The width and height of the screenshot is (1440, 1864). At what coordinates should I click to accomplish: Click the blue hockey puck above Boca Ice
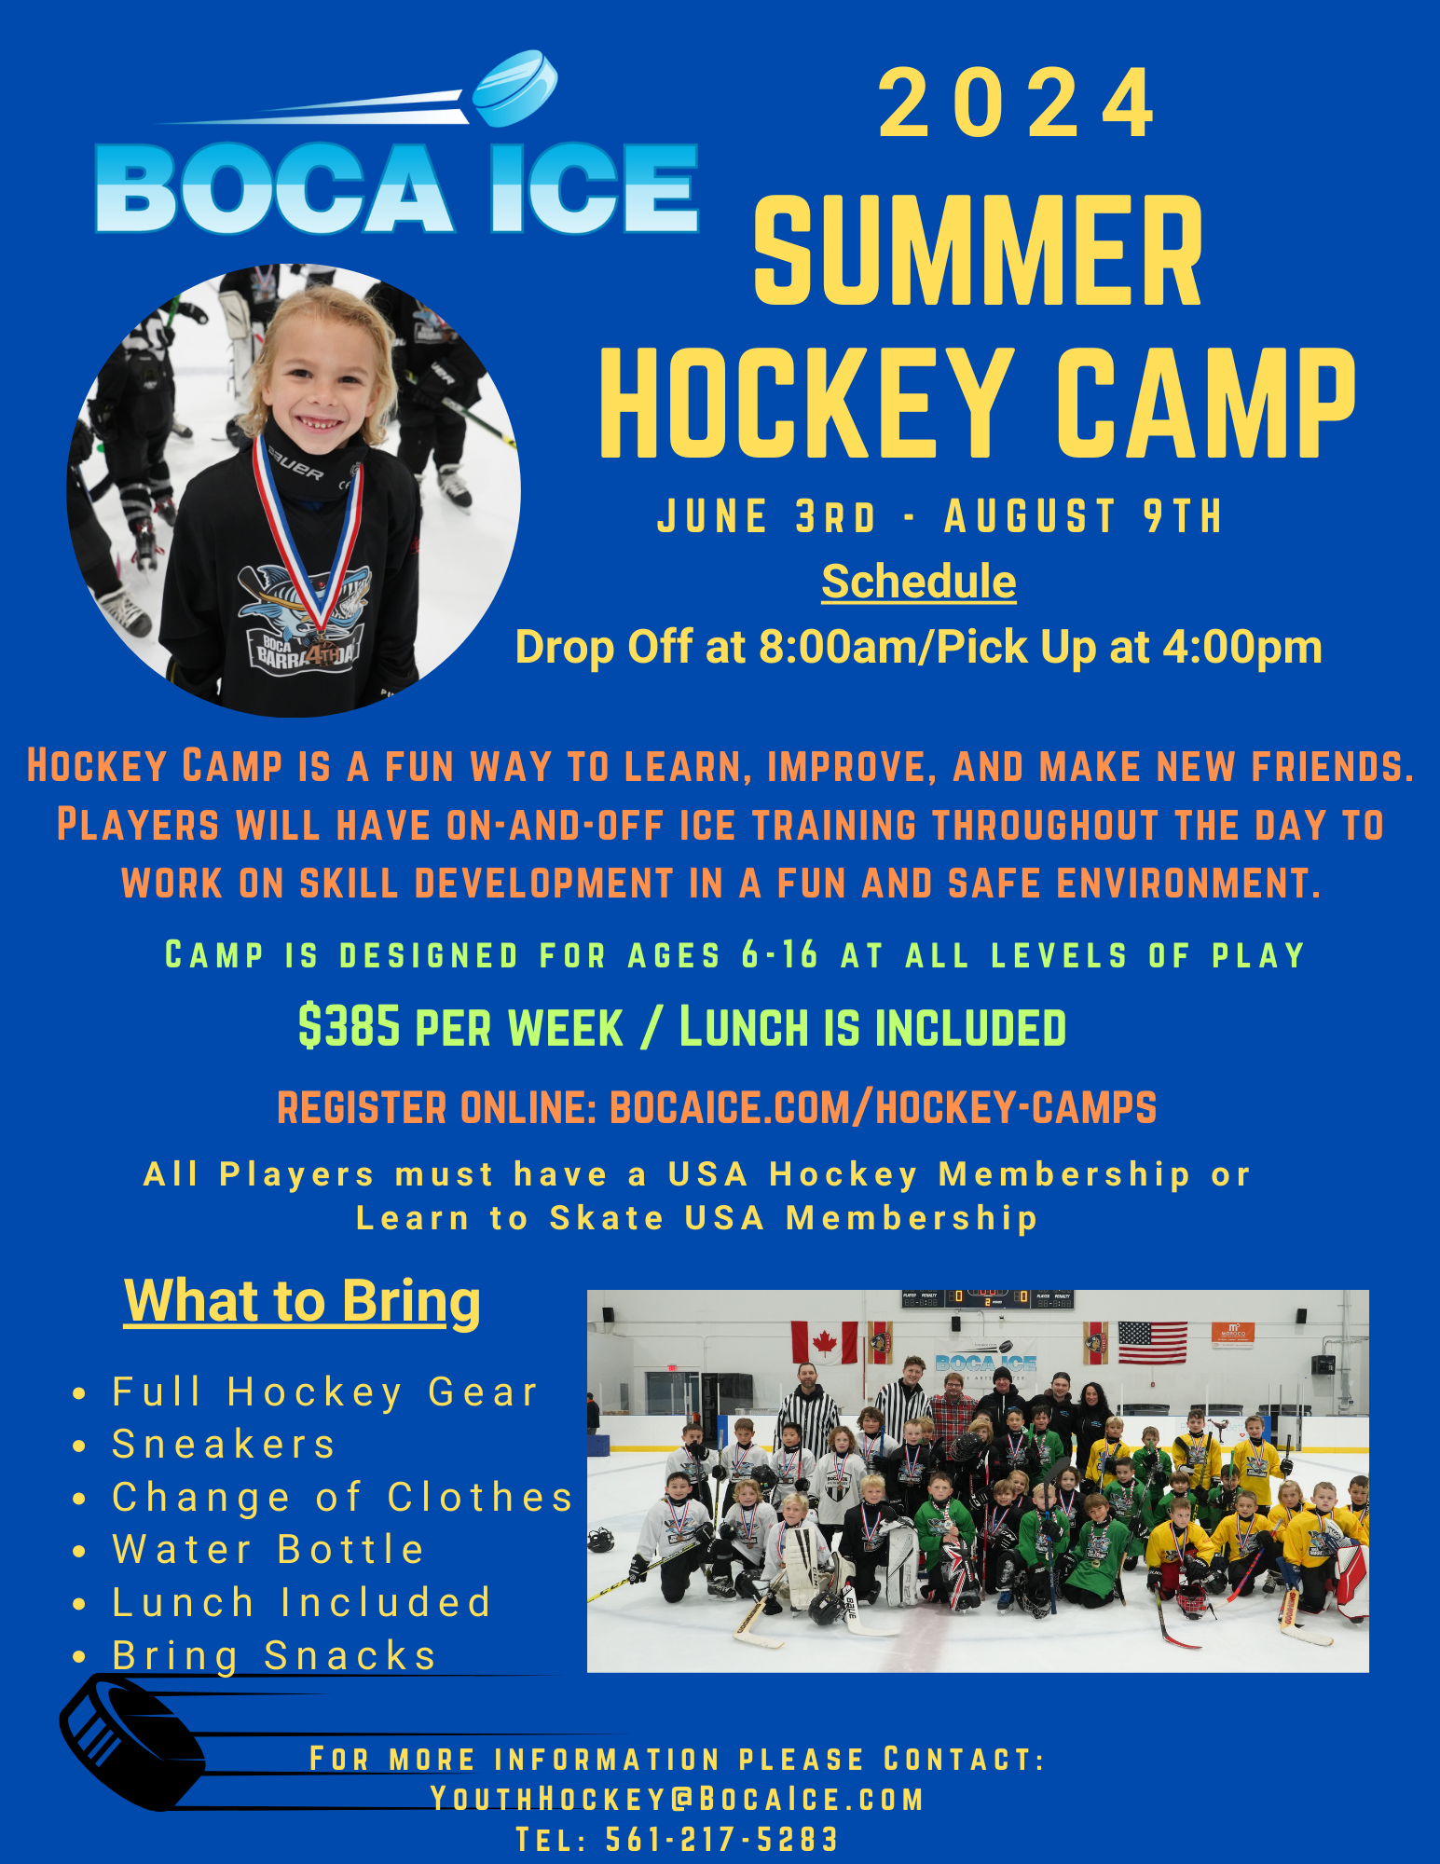[x=515, y=89]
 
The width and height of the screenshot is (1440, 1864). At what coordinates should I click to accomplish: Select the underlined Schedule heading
[x=918, y=582]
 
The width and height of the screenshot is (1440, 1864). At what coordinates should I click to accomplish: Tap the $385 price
[x=349, y=1026]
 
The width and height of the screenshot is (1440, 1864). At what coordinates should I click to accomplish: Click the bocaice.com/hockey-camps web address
[x=883, y=1107]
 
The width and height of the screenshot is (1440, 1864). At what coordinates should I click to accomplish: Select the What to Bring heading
[x=302, y=1301]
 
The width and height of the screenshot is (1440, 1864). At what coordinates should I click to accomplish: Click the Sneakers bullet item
[x=224, y=1444]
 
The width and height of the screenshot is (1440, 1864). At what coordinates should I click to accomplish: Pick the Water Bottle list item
[x=268, y=1549]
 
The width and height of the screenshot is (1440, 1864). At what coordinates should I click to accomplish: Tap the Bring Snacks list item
[x=275, y=1655]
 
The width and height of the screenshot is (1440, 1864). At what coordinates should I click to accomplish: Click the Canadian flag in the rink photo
[x=824, y=1343]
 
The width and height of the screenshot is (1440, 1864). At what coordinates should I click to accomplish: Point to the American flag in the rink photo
[x=1152, y=1342]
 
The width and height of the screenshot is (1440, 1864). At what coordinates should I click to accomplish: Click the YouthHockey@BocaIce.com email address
[x=677, y=1799]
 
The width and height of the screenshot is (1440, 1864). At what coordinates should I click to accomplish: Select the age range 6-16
[x=780, y=954]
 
